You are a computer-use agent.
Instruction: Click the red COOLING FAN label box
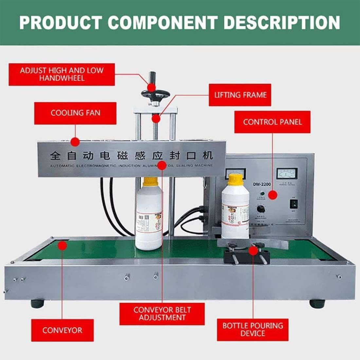[x=75, y=113]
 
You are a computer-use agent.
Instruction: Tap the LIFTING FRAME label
[x=240, y=95]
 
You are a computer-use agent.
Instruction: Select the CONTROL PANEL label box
[x=272, y=122]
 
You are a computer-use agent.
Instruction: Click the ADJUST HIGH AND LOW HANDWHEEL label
[x=62, y=75]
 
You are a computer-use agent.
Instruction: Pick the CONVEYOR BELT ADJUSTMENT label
[x=162, y=314]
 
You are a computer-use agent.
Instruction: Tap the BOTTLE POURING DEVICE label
[x=252, y=330]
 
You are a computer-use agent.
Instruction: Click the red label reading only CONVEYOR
[x=62, y=330]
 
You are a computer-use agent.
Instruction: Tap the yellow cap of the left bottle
[x=151, y=181]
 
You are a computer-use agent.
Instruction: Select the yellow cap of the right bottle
[x=236, y=180]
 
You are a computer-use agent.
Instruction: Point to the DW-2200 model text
[x=261, y=184]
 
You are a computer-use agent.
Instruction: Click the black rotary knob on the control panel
[x=261, y=208]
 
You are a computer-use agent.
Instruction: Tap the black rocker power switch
[x=294, y=204]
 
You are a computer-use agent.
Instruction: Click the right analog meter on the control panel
[x=287, y=173]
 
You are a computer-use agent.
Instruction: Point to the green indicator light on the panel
[x=261, y=193]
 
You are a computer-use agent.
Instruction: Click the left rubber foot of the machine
[x=37, y=303]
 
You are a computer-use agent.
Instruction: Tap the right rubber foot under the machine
[x=317, y=303]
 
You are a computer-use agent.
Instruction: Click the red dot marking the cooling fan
[x=75, y=142]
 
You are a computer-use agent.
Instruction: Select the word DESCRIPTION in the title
[x=282, y=23]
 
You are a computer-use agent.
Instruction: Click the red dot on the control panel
[x=273, y=195]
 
